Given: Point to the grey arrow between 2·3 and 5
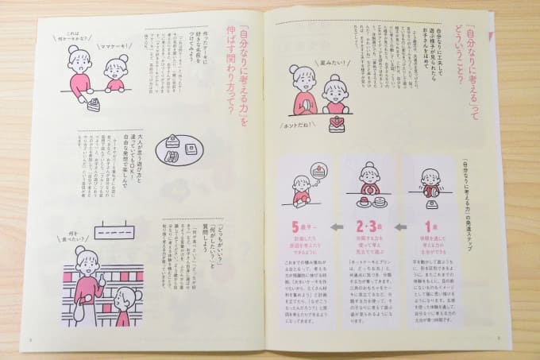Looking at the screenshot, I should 337,227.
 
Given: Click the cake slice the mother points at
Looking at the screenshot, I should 94,103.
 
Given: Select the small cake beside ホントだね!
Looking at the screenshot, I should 337,123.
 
